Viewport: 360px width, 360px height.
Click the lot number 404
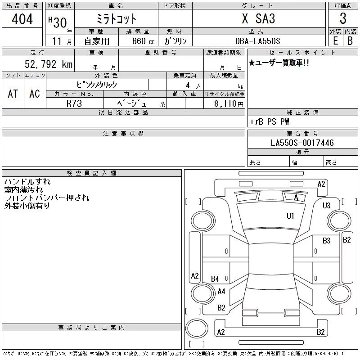click(22, 18)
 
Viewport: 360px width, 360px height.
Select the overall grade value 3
click(343, 18)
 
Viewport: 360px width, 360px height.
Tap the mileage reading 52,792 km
click(49, 64)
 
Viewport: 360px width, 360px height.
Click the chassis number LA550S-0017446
click(302, 143)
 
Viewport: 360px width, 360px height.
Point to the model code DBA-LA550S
click(257, 41)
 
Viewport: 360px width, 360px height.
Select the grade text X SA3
click(258, 18)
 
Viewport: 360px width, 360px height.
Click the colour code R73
click(74, 103)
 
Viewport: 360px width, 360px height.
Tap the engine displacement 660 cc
click(143, 41)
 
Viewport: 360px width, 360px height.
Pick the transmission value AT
click(13, 94)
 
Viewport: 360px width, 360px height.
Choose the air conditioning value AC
click(35, 94)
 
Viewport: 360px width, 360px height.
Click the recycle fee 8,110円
click(229, 104)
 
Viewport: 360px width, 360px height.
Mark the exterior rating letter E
click(335, 41)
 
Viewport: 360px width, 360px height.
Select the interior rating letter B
click(350, 41)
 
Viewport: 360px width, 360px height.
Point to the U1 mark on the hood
click(290, 216)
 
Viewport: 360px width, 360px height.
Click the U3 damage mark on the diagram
click(327, 205)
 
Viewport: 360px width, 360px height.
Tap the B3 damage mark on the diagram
click(327, 241)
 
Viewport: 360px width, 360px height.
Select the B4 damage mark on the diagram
click(215, 279)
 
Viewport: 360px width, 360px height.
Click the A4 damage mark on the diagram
click(221, 292)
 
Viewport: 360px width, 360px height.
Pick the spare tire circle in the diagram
click(197, 328)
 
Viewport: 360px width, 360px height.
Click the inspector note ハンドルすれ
click(27, 182)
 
